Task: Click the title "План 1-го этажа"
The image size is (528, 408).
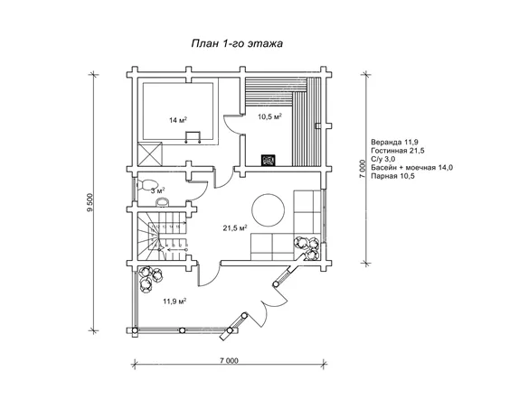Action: (x=237, y=43)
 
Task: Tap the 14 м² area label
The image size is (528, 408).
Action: (x=178, y=120)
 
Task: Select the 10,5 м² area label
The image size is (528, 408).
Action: (x=269, y=116)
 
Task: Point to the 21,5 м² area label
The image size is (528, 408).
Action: (x=235, y=228)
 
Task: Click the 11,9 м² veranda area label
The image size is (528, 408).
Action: (x=174, y=301)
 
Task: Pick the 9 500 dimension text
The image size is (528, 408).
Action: (x=90, y=203)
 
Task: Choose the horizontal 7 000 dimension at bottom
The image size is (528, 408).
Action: (x=229, y=361)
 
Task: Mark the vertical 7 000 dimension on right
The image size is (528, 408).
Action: (x=363, y=170)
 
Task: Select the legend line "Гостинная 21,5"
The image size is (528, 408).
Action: (x=398, y=150)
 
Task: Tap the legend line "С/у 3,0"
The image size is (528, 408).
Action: (x=383, y=159)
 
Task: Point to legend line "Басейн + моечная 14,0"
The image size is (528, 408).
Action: (x=412, y=167)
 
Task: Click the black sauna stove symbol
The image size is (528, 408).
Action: (x=269, y=160)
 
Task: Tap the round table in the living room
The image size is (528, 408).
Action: (x=268, y=209)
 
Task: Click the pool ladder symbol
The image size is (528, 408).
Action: (x=193, y=137)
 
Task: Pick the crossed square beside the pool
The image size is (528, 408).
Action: (x=150, y=154)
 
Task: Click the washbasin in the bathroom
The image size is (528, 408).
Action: (x=163, y=201)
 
